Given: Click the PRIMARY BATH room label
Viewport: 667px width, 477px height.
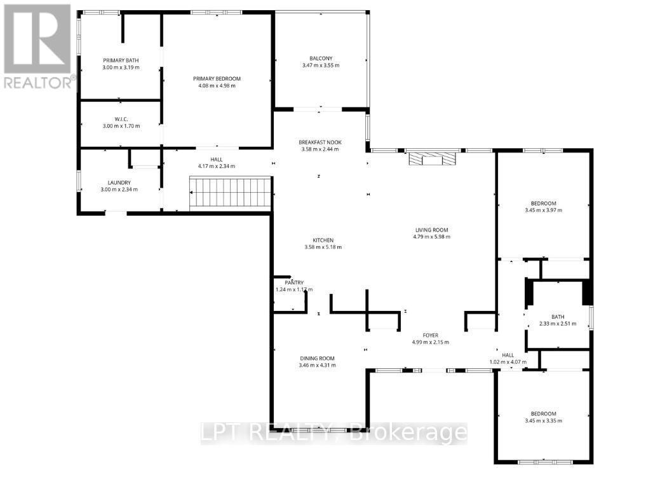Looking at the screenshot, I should [121, 60].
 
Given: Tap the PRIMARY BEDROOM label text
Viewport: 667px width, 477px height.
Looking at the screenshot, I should [217, 79].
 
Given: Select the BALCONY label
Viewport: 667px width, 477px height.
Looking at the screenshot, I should [321, 59].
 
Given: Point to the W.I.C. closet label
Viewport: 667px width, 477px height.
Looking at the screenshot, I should [121, 119].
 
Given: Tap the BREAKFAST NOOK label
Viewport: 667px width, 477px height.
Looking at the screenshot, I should [320, 142].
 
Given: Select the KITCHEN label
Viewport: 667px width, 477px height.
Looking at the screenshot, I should [323, 240].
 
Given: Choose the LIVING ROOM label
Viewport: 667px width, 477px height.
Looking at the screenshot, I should [431, 230].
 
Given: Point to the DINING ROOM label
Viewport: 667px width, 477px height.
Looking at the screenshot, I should [317, 358].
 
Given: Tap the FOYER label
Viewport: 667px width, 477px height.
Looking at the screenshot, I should [431, 335].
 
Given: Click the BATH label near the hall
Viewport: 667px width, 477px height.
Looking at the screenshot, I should [558, 317].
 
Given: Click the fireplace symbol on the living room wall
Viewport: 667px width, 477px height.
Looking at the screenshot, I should [432, 158].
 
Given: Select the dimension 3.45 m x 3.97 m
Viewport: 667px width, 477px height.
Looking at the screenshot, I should [543, 210].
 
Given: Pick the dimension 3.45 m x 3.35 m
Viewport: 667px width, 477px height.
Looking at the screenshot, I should [543, 420].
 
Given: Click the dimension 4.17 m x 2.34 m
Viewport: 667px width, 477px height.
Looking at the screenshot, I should [217, 166].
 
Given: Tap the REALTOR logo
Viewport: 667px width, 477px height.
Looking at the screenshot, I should [38, 45].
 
